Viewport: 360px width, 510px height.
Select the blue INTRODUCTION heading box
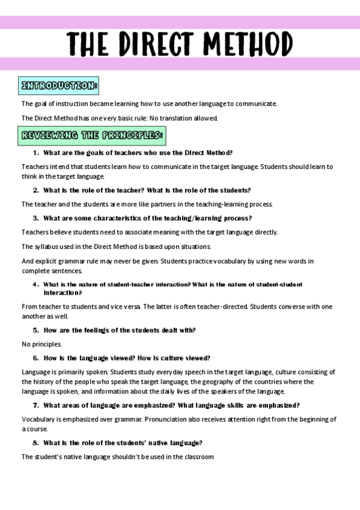pyautogui.click(x=58, y=86)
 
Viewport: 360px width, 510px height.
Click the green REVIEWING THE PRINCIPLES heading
pyautogui.click(x=92, y=135)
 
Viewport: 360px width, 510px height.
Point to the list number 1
pyautogui.click(x=35, y=153)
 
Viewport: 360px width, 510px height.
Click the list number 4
pyautogui.click(x=35, y=284)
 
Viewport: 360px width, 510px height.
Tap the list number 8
pyautogui.click(x=35, y=443)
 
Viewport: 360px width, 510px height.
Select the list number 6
pyautogui.click(x=35, y=358)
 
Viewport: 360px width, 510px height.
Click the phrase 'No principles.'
pyautogui.click(x=41, y=344)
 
